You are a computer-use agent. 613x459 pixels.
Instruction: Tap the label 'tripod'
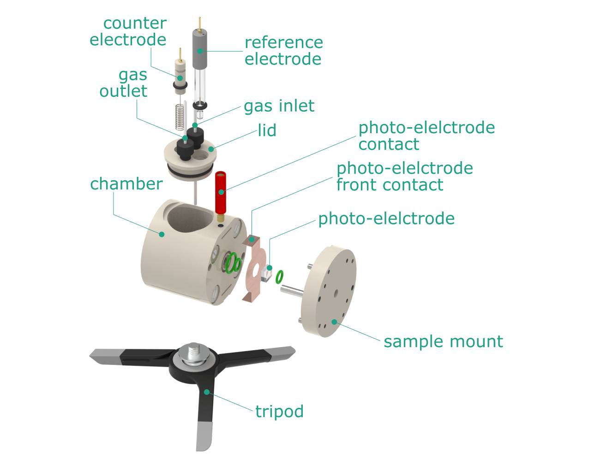click(x=280, y=411)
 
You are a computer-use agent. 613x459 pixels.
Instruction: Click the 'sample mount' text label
click(x=443, y=341)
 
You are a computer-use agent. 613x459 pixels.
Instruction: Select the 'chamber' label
click(x=126, y=184)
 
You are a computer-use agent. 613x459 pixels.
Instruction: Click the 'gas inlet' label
click(x=279, y=106)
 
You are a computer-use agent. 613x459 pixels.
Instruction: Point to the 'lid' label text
click(x=267, y=130)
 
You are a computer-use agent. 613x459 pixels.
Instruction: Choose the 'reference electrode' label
click(x=283, y=51)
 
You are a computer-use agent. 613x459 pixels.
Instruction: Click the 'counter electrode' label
click(x=128, y=31)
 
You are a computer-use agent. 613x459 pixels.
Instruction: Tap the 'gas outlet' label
click(x=124, y=82)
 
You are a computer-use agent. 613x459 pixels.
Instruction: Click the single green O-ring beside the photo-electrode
click(x=279, y=277)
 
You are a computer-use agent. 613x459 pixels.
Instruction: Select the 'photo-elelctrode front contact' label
click(x=404, y=176)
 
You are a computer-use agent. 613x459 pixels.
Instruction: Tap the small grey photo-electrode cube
click(x=265, y=273)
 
